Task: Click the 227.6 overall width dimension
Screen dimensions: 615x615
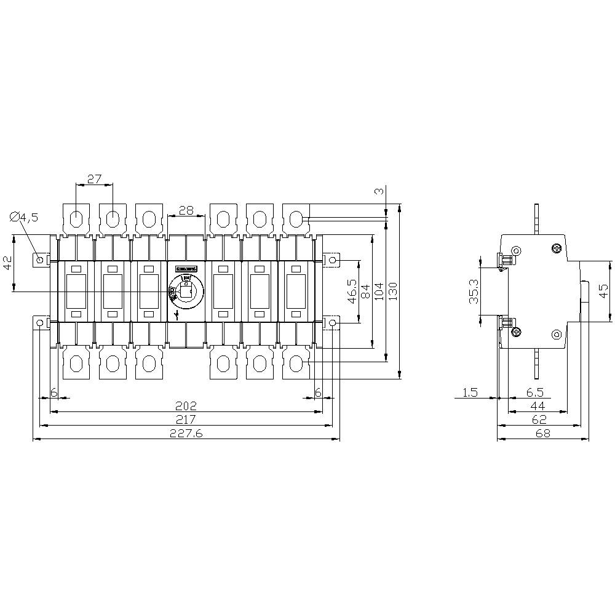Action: point(186,434)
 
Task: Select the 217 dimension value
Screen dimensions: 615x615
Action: point(186,419)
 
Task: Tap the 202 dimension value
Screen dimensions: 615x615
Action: point(186,406)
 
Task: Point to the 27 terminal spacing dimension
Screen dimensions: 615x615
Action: point(93,180)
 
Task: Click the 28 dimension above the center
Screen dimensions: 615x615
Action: point(186,210)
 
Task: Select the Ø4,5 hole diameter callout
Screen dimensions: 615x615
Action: point(25,217)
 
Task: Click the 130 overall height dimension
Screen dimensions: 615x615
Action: point(393,290)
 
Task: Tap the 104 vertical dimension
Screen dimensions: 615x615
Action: point(379,290)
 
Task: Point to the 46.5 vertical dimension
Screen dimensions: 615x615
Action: point(352,290)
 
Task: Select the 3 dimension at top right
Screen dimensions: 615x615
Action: point(379,192)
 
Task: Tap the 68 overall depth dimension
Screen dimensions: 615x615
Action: point(542,434)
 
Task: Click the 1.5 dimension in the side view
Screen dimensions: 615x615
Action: point(470,392)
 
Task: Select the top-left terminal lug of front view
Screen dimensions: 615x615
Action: point(76,218)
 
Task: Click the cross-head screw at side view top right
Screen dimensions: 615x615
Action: point(557,248)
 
